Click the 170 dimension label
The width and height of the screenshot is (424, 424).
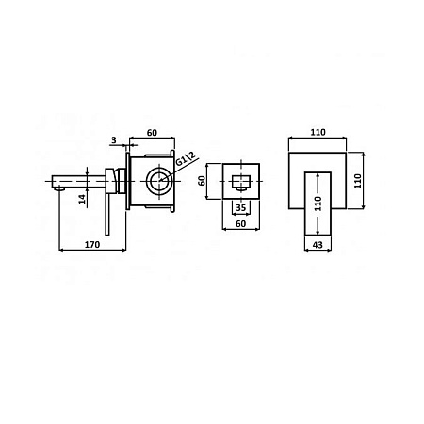92,244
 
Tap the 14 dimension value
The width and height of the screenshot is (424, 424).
82,199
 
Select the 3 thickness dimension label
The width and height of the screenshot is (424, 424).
114,140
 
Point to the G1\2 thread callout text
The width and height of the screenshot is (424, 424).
186,158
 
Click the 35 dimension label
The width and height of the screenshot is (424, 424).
240,208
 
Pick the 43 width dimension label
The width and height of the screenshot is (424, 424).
318,245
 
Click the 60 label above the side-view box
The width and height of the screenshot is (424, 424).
152,133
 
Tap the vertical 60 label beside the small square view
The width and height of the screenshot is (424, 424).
202,181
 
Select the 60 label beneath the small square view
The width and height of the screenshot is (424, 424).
240,224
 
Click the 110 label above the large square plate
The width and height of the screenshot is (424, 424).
318,132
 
